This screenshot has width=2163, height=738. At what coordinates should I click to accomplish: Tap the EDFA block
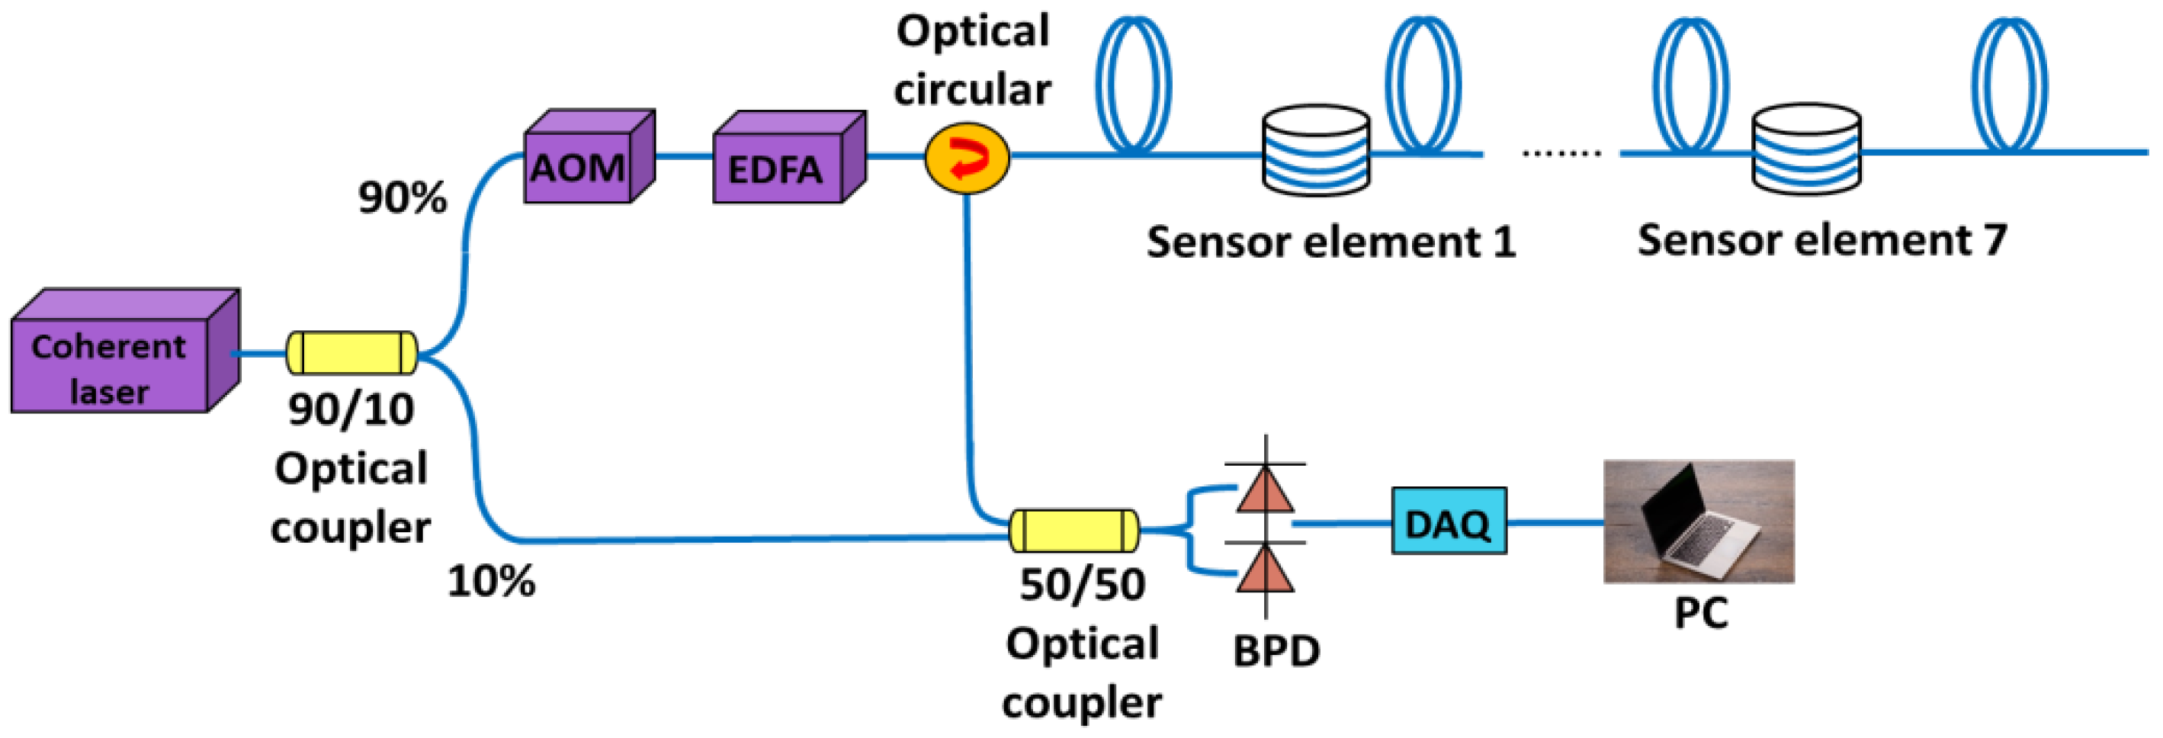coord(777,168)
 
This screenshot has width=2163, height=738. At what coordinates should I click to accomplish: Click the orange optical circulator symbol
coord(968,158)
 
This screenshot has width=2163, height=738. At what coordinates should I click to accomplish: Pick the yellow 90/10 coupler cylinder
coord(351,353)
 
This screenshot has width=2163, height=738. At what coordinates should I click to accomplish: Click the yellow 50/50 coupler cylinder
coord(1074,530)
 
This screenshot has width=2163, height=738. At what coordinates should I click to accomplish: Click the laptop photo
coord(1698,521)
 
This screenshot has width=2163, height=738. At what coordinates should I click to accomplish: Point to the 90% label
coord(403,198)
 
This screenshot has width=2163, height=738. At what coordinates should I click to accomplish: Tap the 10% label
coord(491,581)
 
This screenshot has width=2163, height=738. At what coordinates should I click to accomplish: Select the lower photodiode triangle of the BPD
coord(1266,570)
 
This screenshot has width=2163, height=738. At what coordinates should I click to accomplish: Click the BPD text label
coord(1276,650)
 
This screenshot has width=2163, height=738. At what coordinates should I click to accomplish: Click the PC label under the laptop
coord(1701,613)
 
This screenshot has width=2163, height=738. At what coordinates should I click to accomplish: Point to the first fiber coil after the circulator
coord(1134,84)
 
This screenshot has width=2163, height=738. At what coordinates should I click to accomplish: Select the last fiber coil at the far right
coord(2008,84)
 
